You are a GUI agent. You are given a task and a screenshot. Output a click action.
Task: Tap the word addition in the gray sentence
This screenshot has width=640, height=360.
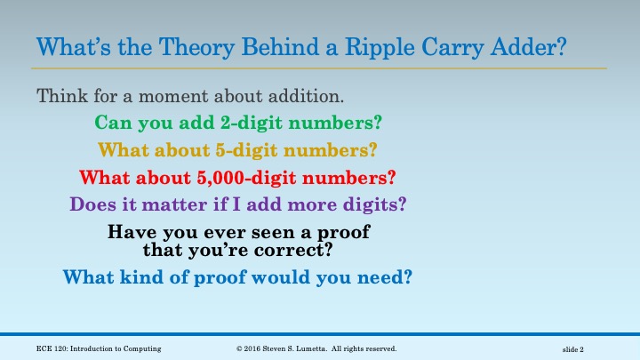[x=305, y=94]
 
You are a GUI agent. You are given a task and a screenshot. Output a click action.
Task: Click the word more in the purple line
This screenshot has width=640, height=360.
[x=321, y=204]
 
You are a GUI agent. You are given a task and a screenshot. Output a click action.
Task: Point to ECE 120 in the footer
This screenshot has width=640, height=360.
[x=39, y=348]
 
